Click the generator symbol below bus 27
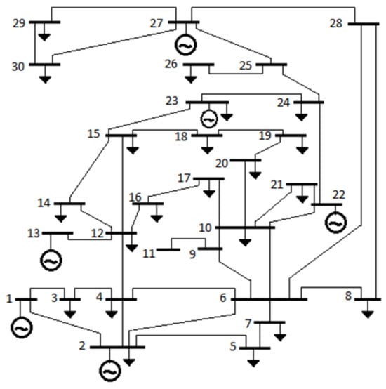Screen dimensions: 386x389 click(x=186, y=45)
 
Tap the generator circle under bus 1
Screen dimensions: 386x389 click(x=22, y=327)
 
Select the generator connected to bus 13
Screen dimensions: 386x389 click(x=51, y=261)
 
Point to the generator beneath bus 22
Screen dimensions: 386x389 click(x=336, y=223)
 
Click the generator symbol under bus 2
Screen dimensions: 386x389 click(x=110, y=371)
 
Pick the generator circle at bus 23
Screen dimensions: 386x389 click(x=209, y=119)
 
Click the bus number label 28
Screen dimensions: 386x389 click(x=336, y=24)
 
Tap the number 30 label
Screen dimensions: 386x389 click(x=18, y=67)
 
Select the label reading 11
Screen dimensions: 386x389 click(x=149, y=253)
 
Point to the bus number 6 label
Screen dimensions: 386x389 click(x=223, y=298)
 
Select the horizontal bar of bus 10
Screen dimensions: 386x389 click(x=245, y=228)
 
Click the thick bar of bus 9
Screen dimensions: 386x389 click(x=210, y=249)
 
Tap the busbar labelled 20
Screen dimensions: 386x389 click(x=246, y=160)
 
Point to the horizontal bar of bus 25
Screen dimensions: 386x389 click(x=272, y=65)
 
